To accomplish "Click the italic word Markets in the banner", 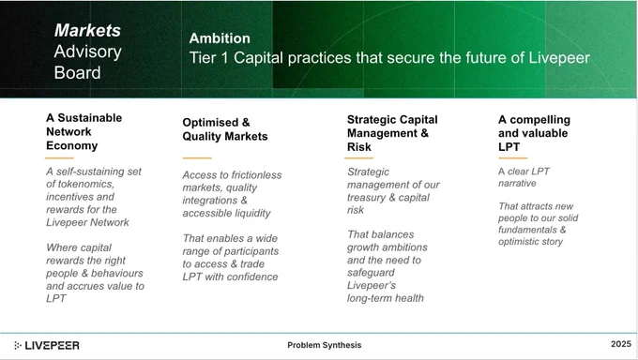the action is coord(87,30).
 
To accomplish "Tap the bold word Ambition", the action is coord(220,38).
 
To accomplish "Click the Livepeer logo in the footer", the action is coord(47,345).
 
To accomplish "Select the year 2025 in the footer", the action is coord(621,344).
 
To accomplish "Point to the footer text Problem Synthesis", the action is coord(325,345).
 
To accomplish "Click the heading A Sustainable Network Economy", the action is coord(84,132).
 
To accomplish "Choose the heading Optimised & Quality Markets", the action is coord(225,129).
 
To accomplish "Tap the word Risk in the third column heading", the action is coord(359,147).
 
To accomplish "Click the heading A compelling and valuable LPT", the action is coord(534,133).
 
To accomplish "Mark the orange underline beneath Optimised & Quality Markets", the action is coord(197,157).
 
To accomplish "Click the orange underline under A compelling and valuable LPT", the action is coord(512,157).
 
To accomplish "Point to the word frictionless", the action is coord(256,175).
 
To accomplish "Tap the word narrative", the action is coord(517,184).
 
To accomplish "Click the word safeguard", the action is coord(372,273).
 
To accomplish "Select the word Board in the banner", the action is coord(77,73).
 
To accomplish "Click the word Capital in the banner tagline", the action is coord(258,58).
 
